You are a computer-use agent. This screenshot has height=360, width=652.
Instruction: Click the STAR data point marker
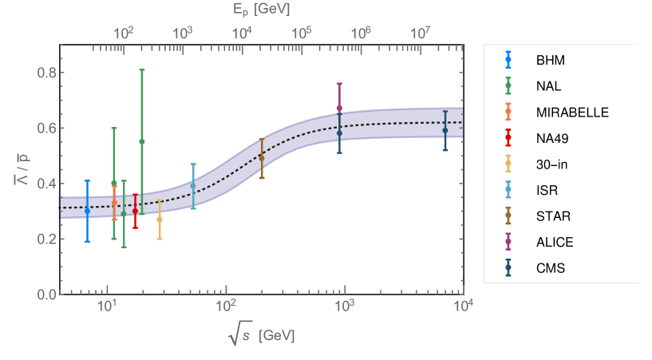tap(262, 158)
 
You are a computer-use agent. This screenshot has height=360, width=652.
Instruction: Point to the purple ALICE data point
tap(340, 108)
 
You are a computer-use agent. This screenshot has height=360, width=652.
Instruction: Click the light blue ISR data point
tap(193, 186)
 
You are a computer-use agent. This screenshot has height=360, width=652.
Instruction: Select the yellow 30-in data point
tap(160, 220)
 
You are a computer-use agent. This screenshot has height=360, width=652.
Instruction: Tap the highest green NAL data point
tap(142, 141)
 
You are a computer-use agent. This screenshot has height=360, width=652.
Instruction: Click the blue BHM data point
tap(87, 211)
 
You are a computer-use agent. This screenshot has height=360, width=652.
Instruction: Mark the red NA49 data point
tap(135, 211)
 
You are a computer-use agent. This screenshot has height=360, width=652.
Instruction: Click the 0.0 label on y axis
tap(47, 294)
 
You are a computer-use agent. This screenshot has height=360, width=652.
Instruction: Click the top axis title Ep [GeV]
tap(263, 10)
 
